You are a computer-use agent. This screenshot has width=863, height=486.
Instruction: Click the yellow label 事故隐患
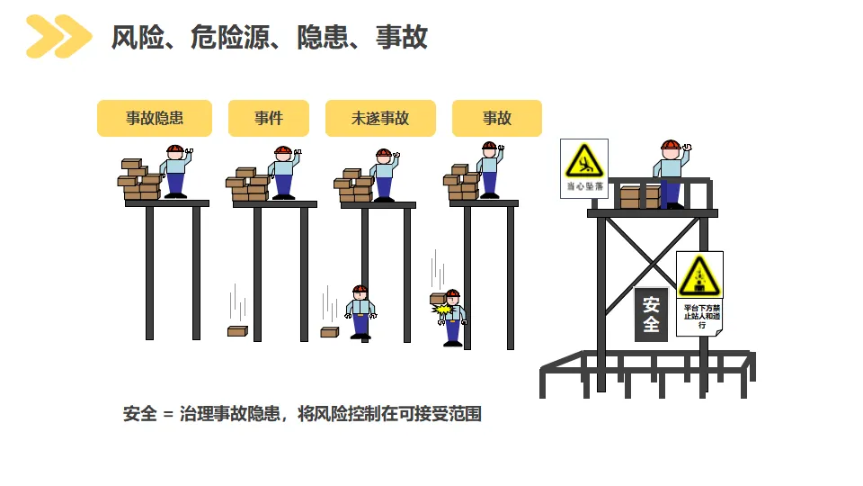click(x=154, y=118)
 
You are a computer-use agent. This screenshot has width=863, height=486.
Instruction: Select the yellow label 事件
click(x=268, y=118)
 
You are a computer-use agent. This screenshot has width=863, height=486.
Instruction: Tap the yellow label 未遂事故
click(x=379, y=118)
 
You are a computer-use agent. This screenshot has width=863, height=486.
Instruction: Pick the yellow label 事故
click(x=496, y=118)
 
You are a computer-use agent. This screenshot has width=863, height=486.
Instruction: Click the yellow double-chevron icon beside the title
click(x=58, y=37)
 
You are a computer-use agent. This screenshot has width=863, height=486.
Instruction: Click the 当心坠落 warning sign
click(x=583, y=168)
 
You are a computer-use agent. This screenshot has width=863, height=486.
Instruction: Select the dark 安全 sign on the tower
click(x=651, y=314)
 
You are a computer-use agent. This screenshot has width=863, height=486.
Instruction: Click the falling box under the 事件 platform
click(x=237, y=331)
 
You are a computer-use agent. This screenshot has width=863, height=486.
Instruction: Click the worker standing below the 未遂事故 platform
click(x=360, y=312)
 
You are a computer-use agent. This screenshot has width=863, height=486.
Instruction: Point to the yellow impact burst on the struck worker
click(x=442, y=310)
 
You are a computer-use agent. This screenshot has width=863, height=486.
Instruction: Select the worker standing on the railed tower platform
click(x=670, y=174)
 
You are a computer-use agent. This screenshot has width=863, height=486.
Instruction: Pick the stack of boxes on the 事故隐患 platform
click(x=140, y=180)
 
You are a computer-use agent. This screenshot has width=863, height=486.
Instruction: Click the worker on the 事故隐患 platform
click(x=175, y=170)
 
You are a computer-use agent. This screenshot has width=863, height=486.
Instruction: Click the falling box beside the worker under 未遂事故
click(x=329, y=332)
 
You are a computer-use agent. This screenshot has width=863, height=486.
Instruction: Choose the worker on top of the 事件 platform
click(x=284, y=172)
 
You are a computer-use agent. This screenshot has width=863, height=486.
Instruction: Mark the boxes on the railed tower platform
click(x=636, y=196)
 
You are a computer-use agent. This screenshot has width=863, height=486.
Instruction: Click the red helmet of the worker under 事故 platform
click(x=452, y=293)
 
